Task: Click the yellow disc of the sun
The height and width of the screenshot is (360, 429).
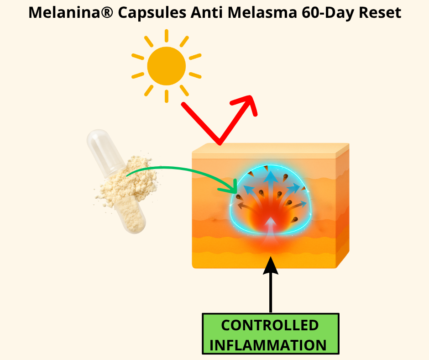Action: pyautogui.click(x=166, y=66)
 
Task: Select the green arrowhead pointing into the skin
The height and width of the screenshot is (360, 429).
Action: pyautogui.click(x=230, y=188)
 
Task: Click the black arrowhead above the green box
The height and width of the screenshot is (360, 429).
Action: pyautogui.click(x=271, y=265)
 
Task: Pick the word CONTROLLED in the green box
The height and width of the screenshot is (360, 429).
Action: pyautogui.click(x=270, y=325)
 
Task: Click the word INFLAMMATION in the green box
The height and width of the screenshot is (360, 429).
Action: pyautogui.click(x=268, y=345)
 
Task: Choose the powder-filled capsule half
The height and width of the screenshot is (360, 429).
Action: pyautogui.click(x=131, y=214)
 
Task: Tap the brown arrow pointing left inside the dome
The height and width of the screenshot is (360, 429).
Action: pyautogui.click(x=246, y=207)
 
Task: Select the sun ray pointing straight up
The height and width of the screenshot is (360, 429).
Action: pyautogui.click(x=166, y=36)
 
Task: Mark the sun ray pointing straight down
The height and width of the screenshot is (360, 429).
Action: pyautogui.click(x=166, y=96)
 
